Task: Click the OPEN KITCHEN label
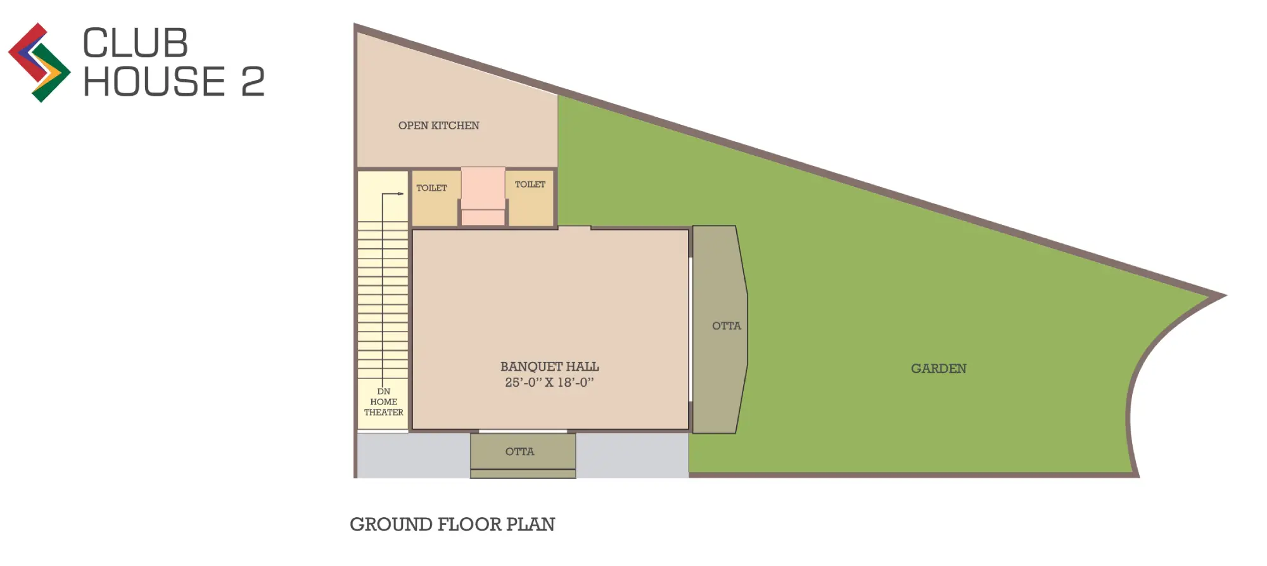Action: click(438, 125)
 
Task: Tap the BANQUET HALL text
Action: click(549, 366)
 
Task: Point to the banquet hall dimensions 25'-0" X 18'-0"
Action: click(549, 382)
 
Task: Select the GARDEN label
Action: click(938, 368)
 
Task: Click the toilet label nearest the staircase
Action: click(431, 188)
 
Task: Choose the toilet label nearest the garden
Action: click(530, 184)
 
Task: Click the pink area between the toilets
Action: click(483, 196)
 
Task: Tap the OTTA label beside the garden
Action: click(726, 326)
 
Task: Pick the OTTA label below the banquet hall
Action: click(519, 451)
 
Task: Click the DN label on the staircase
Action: click(383, 392)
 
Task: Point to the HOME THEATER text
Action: click(383, 407)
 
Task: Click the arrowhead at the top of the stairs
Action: click(401, 193)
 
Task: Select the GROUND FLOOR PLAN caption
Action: click(452, 524)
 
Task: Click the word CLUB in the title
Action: click(135, 43)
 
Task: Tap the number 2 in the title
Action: click(253, 82)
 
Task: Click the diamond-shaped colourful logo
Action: click(39, 63)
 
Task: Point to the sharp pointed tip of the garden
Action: click(1225, 295)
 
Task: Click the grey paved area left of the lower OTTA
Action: click(413, 454)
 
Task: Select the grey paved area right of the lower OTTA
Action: click(632, 454)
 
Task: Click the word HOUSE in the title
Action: click(154, 82)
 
